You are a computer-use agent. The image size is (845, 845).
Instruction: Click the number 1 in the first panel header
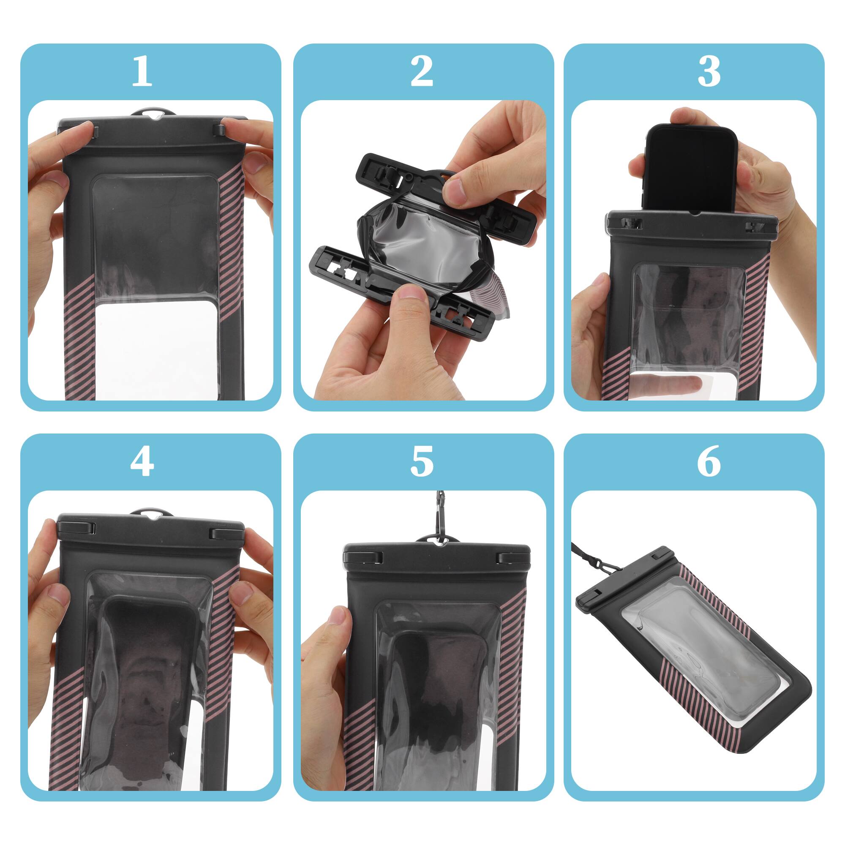click(x=142, y=71)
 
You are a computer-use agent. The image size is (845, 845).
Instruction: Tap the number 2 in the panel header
click(x=422, y=71)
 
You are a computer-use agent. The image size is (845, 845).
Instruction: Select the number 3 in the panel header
click(x=709, y=71)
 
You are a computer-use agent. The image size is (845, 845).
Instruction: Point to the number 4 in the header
click(x=142, y=462)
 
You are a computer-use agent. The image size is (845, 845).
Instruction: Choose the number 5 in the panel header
click(x=422, y=462)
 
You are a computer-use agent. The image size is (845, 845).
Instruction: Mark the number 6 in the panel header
click(x=709, y=462)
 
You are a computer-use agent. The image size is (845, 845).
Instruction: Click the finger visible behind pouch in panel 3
click(x=673, y=384)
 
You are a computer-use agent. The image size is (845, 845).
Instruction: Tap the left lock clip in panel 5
click(x=363, y=558)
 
